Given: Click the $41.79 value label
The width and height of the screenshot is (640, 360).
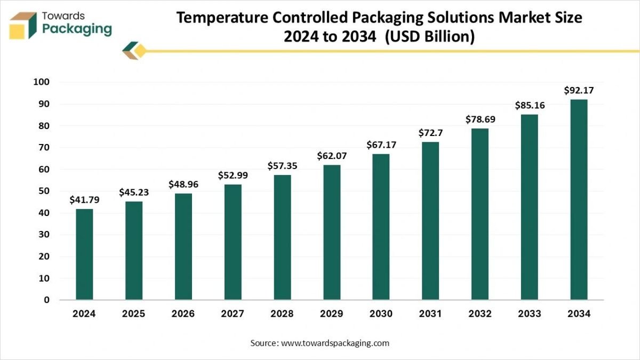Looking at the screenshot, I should click(x=84, y=200).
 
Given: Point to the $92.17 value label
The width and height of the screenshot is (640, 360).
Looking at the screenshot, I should click(x=579, y=91).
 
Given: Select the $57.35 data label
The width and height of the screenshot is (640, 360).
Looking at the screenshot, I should click(x=282, y=166).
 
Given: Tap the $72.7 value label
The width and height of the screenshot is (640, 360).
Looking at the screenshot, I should click(x=430, y=133).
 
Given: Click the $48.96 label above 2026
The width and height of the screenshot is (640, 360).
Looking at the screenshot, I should click(x=183, y=184).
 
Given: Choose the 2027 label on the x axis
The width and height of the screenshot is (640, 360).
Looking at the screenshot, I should click(x=233, y=314).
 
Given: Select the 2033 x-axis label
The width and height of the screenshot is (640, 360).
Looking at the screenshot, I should click(x=530, y=314).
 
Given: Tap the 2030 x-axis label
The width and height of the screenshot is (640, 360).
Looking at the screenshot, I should click(x=381, y=314).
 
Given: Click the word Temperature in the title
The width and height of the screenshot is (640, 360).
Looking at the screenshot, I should click(x=222, y=18).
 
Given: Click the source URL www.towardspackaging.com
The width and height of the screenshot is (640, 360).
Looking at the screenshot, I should click(x=335, y=343).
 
